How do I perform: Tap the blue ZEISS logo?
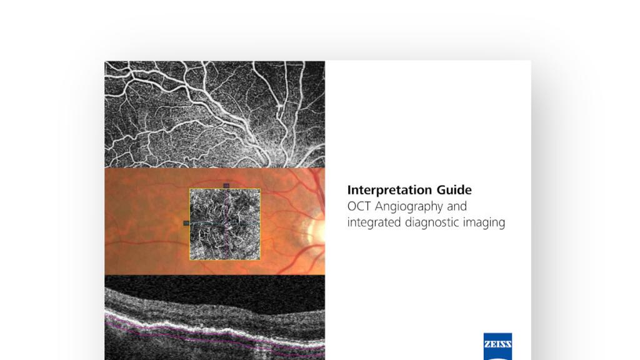(x=497, y=346)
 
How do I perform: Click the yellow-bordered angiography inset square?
(x=226, y=224)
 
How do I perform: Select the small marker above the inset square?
(x=226, y=186)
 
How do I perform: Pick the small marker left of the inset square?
(x=186, y=222)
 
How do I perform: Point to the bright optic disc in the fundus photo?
(x=317, y=230)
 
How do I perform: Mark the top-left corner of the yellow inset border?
(x=190, y=189)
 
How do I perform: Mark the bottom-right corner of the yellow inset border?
(x=261, y=260)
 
